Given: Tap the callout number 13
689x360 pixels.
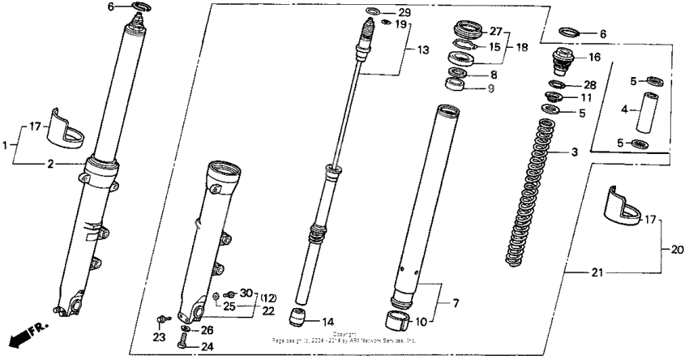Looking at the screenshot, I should (421, 49).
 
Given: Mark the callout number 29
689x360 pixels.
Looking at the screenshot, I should (404, 13).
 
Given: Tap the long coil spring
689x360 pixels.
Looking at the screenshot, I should (531, 195).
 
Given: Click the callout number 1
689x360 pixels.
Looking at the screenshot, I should (6, 144).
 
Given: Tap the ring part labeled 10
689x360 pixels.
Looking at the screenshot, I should (396, 318).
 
